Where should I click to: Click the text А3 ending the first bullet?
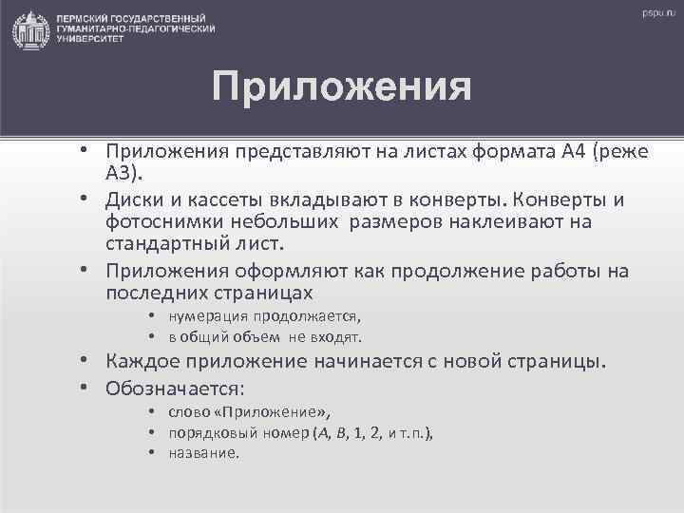pyautogui.click(x=123, y=175)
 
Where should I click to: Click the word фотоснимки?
pyautogui.click(x=163, y=223)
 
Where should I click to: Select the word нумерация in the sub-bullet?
pyautogui.click(x=210, y=317)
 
